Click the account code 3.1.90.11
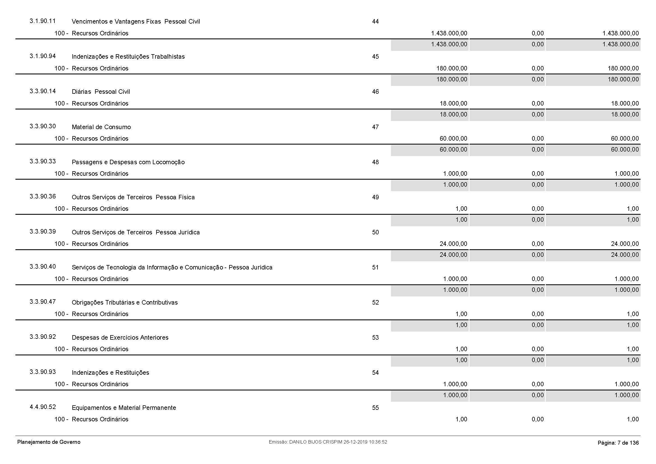[43, 21]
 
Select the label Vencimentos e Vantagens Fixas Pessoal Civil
[136, 22]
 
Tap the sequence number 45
[375, 57]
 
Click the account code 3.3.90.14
[43, 91]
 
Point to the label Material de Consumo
[101, 127]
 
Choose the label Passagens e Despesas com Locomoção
[128, 162]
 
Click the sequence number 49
[375, 197]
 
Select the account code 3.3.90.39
[43, 232]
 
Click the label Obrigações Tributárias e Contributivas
[125, 303]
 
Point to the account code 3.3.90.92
[43, 337]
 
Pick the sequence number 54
[375, 372]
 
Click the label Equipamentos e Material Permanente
[124, 408]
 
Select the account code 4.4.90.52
[43, 407]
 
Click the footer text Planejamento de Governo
[49, 442]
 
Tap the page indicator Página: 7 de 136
[618, 443]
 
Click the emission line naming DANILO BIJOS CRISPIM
[328, 442]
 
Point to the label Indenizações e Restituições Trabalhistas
[128, 57]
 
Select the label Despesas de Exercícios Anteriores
[120, 338]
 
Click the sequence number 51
[375, 267]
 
